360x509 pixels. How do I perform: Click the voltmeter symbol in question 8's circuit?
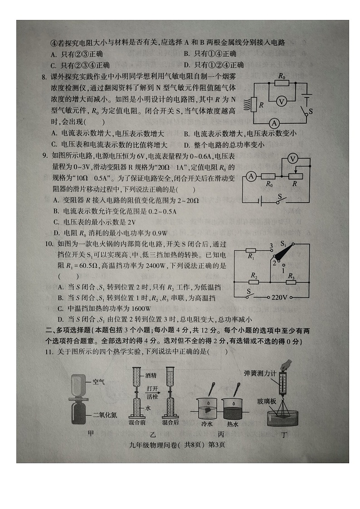281,102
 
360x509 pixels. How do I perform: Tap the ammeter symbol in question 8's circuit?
274,123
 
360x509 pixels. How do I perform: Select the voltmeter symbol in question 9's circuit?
293,158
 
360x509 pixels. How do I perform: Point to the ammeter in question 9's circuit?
251,177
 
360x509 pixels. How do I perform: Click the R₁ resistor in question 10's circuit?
252,250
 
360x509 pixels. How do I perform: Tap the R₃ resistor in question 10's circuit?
291,282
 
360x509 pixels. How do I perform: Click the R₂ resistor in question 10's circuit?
254,281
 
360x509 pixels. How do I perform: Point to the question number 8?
44,78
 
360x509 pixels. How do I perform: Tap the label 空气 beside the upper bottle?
98,382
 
